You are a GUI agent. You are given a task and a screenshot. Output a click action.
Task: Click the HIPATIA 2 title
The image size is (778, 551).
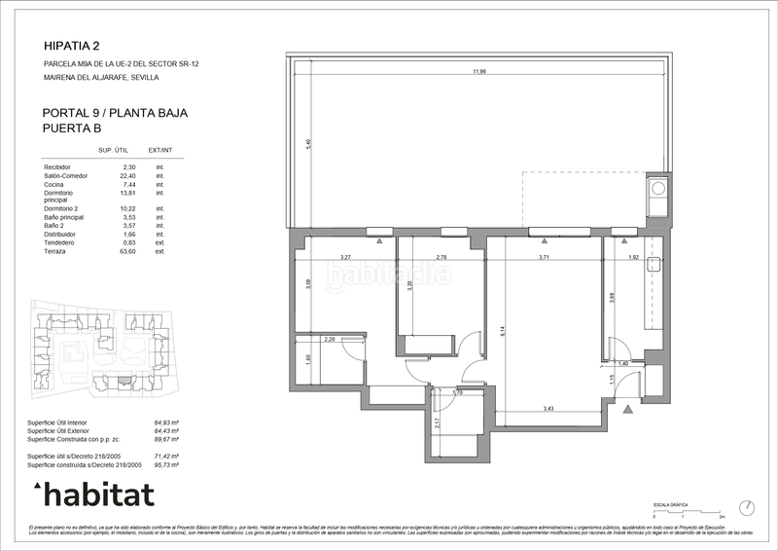tap(72, 45)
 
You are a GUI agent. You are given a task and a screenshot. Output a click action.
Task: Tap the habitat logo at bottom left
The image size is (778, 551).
tap(93, 495)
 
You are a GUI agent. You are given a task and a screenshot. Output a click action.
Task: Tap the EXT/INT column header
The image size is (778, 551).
tap(160, 150)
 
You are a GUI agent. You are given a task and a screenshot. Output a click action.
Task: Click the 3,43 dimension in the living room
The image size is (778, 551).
tap(548, 409)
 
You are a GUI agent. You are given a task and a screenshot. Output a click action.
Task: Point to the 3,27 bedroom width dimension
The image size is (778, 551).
tap(345, 257)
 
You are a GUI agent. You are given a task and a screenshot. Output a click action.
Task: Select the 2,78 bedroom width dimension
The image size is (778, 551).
tap(442, 257)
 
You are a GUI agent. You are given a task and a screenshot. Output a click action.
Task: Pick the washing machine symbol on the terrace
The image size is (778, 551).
tap(658, 188)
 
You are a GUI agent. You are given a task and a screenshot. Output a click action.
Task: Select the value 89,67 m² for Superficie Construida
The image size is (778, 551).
tap(168, 439)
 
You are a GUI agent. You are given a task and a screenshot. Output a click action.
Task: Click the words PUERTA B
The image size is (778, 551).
tap(73, 128)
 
